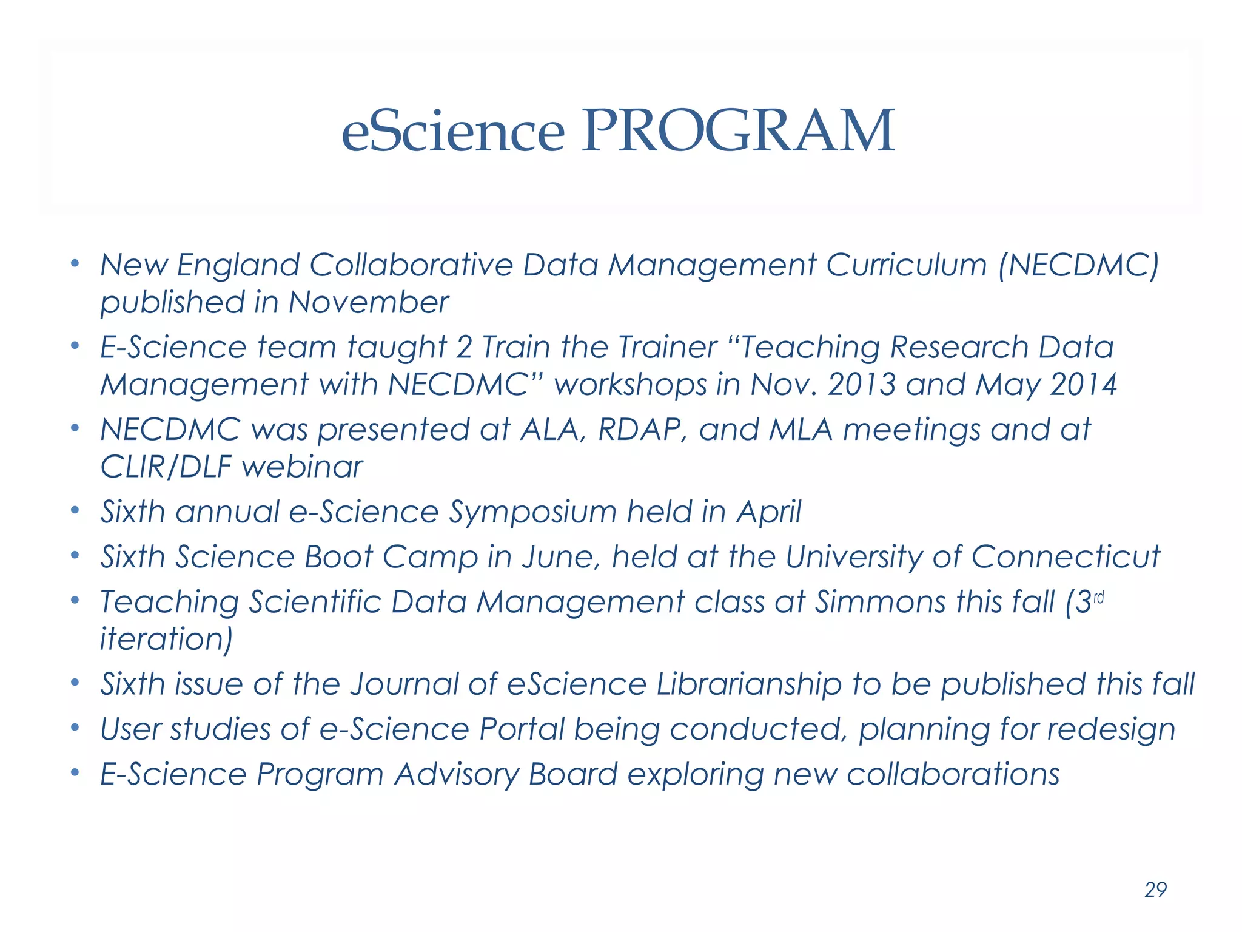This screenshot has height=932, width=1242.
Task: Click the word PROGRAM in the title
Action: [x=737, y=131]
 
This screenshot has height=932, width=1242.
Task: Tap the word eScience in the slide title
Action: [x=453, y=131]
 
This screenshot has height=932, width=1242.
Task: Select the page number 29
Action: [x=1155, y=890]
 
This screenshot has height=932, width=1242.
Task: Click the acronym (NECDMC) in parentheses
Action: [x=1079, y=265]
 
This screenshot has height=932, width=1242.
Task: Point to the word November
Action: [x=368, y=302]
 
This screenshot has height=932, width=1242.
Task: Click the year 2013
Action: [x=862, y=385]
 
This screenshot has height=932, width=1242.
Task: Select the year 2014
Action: [x=1083, y=385]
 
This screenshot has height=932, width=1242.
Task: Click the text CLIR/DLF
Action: [x=166, y=467]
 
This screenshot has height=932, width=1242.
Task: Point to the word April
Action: [x=769, y=512]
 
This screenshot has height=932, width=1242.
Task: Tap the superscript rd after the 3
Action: [x=1098, y=599]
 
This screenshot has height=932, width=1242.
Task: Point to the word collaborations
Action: [x=953, y=774]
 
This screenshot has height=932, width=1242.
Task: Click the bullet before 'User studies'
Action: [x=75, y=727]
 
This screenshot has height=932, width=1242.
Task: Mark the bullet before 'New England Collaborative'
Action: [x=75, y=263]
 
